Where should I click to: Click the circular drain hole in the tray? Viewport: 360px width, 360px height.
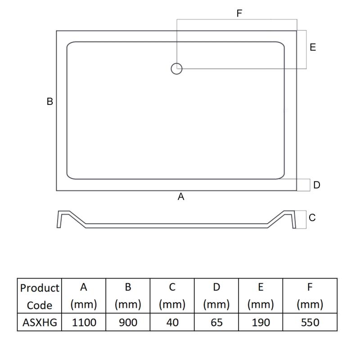(x=176, y=69)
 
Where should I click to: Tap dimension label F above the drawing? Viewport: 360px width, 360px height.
(x=239, y=13)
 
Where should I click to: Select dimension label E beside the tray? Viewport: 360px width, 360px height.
(x=313, y=47)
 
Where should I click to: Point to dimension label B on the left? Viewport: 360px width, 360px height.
(x=50, y=102)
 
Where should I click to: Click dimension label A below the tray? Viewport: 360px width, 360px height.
(x=181, y=197)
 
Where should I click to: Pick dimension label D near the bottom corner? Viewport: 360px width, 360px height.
(x=316, y=185)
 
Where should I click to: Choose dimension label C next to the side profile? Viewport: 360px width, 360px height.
(x=312, y=218)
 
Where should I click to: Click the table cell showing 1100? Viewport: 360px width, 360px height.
(x=83, y=323)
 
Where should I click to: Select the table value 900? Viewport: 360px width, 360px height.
(x=128, y=323)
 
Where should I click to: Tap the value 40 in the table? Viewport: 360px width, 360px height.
(x=172, y=323)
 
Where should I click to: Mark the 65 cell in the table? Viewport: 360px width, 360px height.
(x=216, y=323)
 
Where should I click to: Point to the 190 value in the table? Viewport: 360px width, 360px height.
(x=261, y=323)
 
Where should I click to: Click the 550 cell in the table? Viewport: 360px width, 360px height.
(x=310, y=323)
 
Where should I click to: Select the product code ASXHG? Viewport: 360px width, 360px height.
(x=40, y=323)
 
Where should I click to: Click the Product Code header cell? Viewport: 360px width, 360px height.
(x=40, y=296)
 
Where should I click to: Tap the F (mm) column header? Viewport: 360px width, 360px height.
(x=310, y=296)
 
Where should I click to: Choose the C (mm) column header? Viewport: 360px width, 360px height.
(x=172, y=296)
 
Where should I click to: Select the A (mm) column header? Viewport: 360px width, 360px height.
(x=83, y=296)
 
